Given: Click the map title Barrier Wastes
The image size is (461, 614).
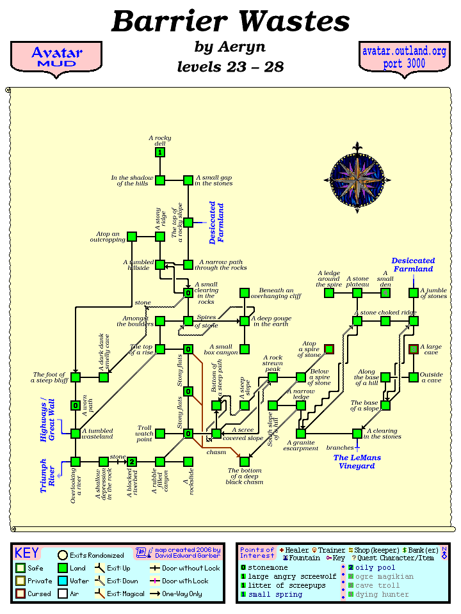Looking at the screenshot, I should [x=230, y=22].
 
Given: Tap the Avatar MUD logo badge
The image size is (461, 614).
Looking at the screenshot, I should [x=56, y=57].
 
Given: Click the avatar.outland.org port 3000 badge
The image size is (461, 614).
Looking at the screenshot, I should [x=403, y=57].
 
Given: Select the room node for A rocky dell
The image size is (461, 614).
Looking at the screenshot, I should [x=160, y=152].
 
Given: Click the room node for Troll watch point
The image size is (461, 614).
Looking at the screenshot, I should [x=160, y=434].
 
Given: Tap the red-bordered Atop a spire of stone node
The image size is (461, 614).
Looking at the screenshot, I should [x=329, y=349].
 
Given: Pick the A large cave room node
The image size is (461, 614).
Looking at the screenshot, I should [x=414, y=349].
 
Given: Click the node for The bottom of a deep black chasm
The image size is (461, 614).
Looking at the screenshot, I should [x=245, y=462].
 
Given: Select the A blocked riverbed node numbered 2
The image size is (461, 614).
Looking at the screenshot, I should [x=132, y=462].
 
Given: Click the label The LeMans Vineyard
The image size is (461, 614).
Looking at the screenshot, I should [x=357, y=462].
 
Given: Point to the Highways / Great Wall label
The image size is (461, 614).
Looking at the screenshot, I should [x=47, y=420].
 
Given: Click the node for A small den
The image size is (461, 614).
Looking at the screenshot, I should [x=385, y=293].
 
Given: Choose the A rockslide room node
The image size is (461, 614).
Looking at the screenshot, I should [x=188, y=462].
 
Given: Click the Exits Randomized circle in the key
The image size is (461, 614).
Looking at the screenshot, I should [x=63, y=555].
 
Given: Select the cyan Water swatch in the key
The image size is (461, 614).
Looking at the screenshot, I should [x=63, y=581].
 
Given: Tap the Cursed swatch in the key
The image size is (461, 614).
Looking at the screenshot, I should [x=20, y=594].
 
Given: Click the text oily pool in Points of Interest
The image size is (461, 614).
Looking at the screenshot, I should [x=375, y=567].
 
